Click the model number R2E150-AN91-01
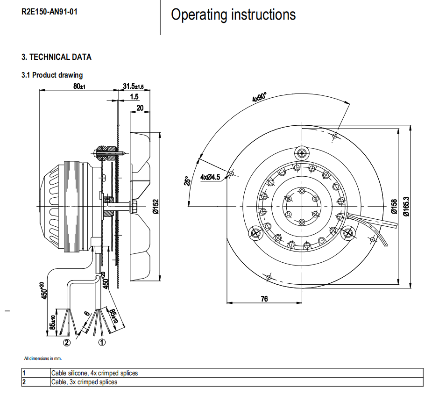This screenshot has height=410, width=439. pyautogui.click(x=50, y=12)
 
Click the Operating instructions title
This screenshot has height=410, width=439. pyautogui.click(x=233, y=14)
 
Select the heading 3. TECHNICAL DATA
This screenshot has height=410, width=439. pyautogui.click(x=57, y=57)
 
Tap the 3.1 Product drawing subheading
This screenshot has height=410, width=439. pyautogui.click(x=52, y=75)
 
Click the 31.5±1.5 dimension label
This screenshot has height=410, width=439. pyautogui.click(x=133, y=86)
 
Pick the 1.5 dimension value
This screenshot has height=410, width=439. pyautogui.click(x=135, y=97)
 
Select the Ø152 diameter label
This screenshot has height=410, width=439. pyautogui.click(x=156, y=206)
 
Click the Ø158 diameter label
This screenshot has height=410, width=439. pyautogui.click(x=394, y=206)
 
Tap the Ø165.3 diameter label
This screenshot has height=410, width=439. pyautogui.click(x=406, y=206)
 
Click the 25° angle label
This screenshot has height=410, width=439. pyautogui.click(x=186, y=180)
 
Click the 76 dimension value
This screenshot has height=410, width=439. pyautogui.click(x=264, y=299)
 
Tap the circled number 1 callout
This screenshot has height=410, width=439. pyautogui.click(x=102, y=342)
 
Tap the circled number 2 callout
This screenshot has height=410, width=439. pyautogui.click(x=67, y=342)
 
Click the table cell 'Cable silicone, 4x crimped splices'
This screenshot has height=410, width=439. pyautogui.click(x=94, y=373)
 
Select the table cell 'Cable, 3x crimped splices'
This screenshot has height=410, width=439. pyautogui.click(x=84, y=382)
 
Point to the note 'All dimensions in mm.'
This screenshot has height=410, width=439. pyautogui.click(x=43, y=359)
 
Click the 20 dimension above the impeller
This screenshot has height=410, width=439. pyautogui.click(x=140, y=108)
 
